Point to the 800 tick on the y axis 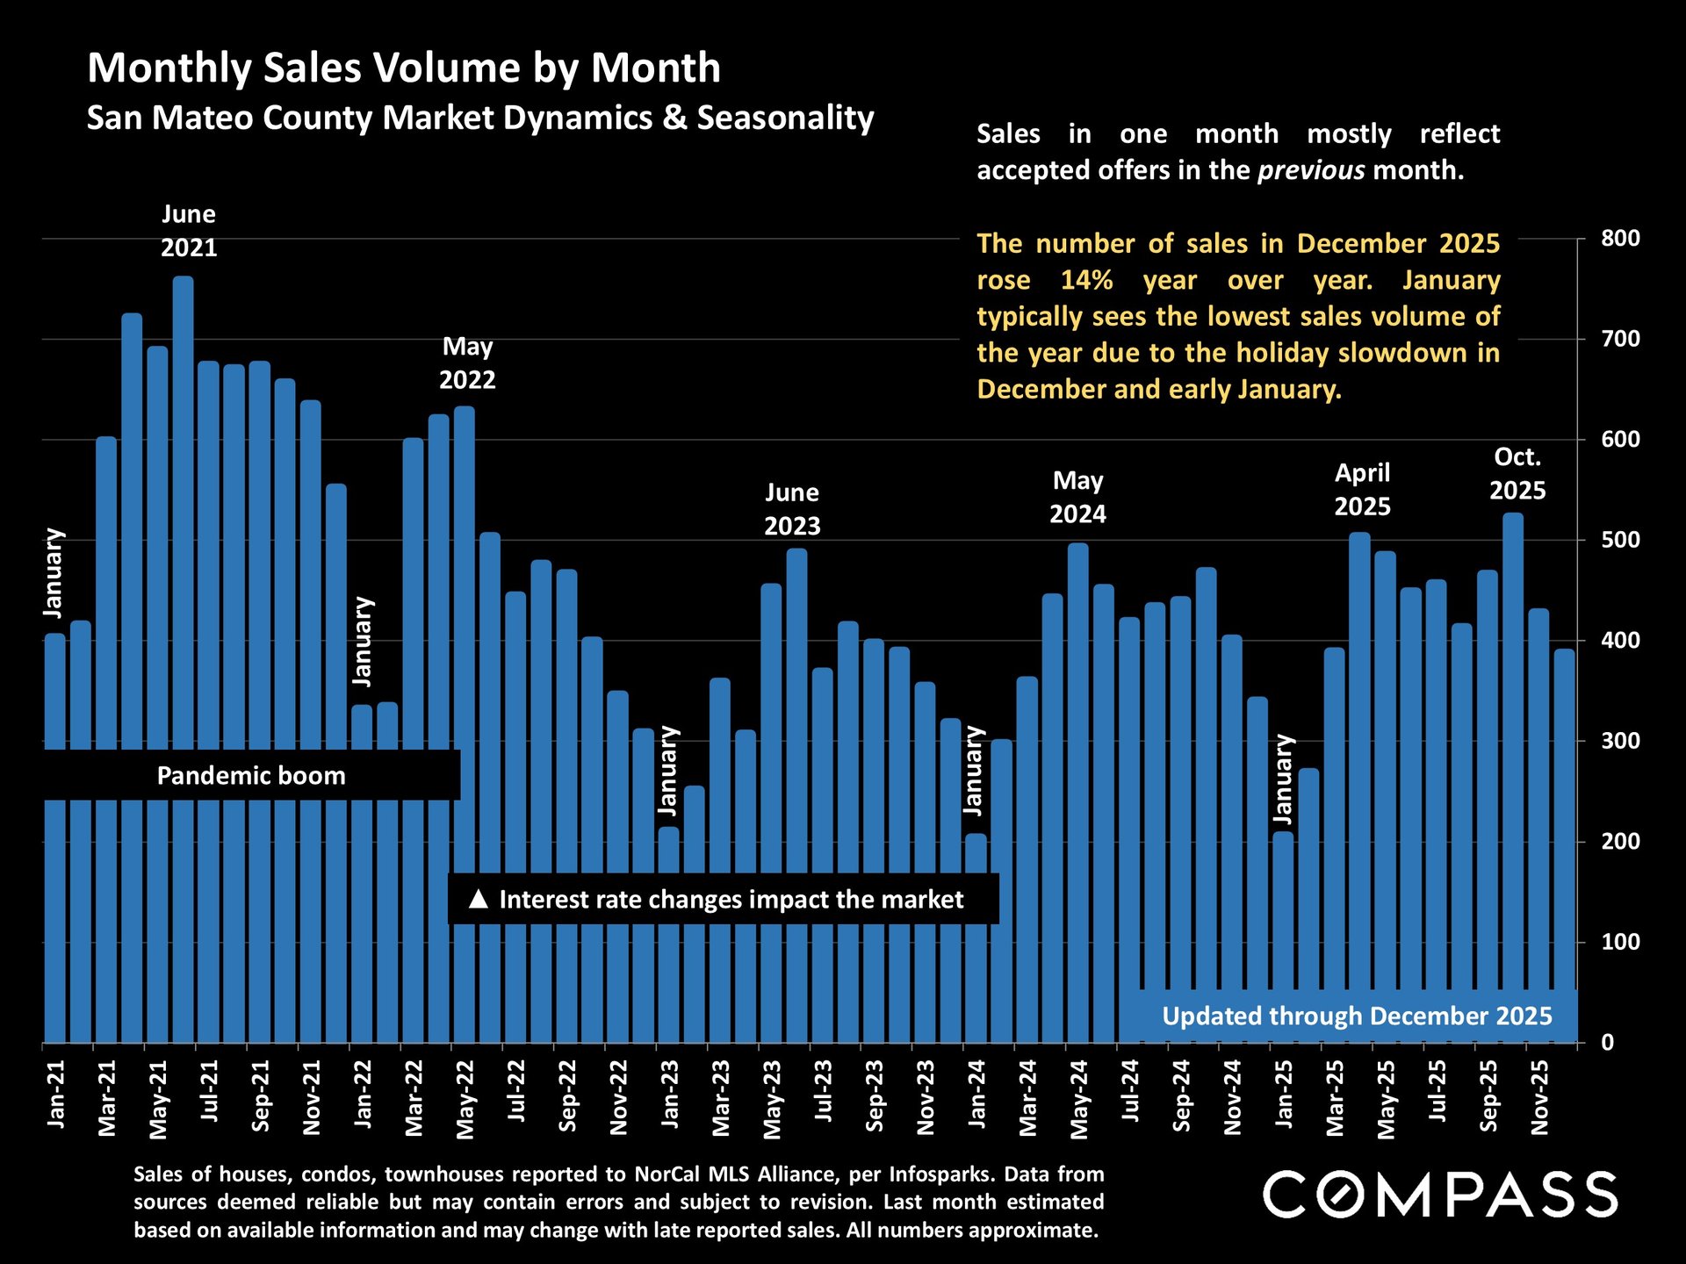(x=1620, y=239)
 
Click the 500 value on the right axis (x=1620, y=540)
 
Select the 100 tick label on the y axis (x=1620, y=942)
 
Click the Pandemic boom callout (x=251, y=776)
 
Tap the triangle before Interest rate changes (x=478, y=899)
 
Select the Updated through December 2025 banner (x=1357, y=1016)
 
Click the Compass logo (x=1440, y=1195)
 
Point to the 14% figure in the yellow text (x=1086, y=280)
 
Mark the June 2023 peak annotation (x=792, y=509)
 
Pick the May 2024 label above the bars (x=1077, y=497)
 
